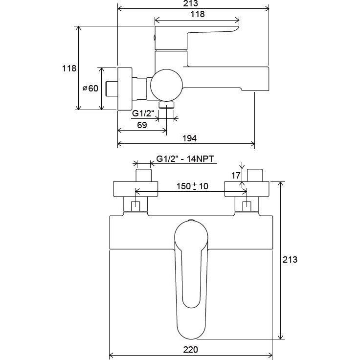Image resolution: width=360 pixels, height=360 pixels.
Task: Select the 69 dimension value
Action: (141, 126)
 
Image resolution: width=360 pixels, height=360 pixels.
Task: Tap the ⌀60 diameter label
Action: (90, 88)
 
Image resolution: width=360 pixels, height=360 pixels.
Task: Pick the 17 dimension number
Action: (236, 175)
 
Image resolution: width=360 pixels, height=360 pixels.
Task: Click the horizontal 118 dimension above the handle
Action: (197, 14)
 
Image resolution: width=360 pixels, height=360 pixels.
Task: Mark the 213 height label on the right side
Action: (291, 259)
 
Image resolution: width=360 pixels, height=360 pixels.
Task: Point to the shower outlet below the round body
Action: (168, 105)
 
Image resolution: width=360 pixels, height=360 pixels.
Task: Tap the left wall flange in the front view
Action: (135, 189)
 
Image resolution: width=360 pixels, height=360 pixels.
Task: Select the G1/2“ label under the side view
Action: (144, 114)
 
